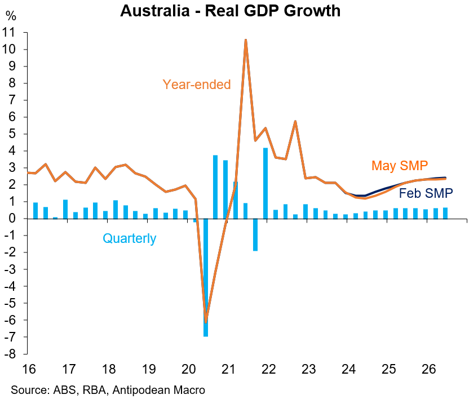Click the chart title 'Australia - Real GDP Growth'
(230, 11)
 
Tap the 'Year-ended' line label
(197, 85)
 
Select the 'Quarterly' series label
(129, 238)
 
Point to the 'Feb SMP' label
(426, 194)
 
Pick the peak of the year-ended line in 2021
(246, 40)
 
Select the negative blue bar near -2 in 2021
(255, 234)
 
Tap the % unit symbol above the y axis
(11, 16)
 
